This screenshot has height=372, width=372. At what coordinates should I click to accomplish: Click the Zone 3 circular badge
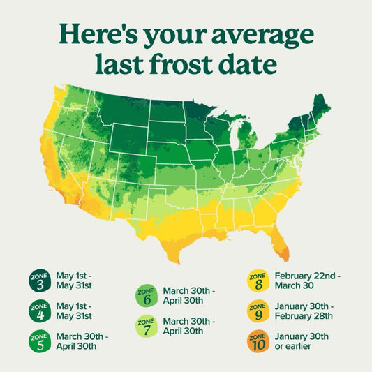tap(39, 281)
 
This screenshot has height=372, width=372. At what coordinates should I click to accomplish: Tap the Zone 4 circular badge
tap(39, 311)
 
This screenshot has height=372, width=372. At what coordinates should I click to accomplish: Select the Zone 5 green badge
tap(39, 341)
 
